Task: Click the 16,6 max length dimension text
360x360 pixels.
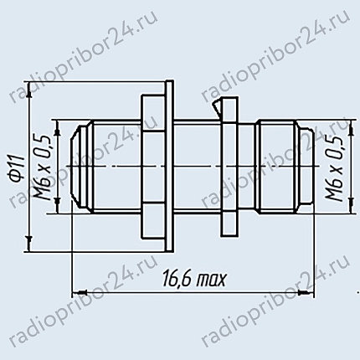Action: (x=193, y=278)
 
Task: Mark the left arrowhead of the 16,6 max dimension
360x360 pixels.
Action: (x=80, y=292)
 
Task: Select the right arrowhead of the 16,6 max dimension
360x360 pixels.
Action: (x=307, y=292)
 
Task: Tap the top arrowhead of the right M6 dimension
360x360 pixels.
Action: (x=352, y=127)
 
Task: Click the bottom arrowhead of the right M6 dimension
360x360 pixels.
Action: (x=352, y=206)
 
